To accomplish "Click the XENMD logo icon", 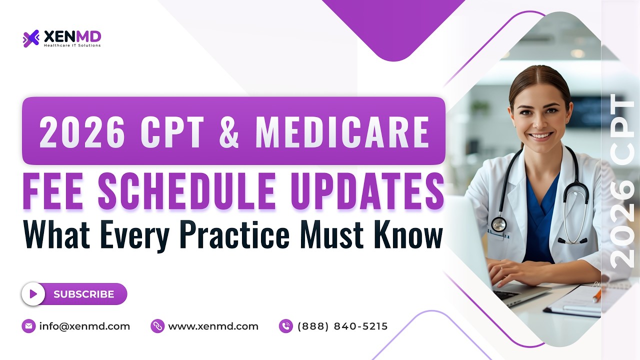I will (x=31, y=38).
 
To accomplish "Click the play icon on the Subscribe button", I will (x=33, y=294).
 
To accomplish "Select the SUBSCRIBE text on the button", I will (x=83, y=294).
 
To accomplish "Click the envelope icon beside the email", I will (x=29, y=326).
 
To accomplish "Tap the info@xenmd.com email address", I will (x=84, y=326).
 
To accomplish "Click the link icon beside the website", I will (x=157, y=326).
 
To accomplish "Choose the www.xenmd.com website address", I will (x=213, y=326).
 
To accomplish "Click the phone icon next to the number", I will (x=286, y=326).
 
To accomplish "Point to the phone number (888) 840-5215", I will (x=342, y=326).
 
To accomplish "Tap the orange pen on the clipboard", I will (x=596, y=295).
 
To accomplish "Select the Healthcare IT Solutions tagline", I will (x=72, y=45).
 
